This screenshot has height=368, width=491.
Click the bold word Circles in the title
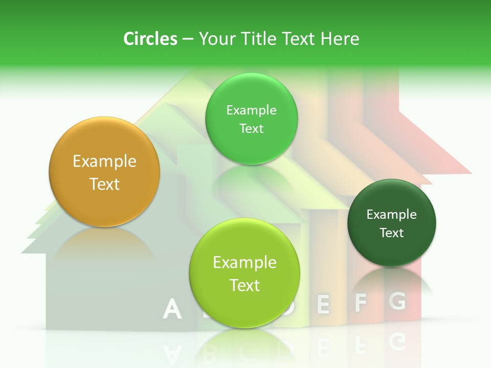point(150,39)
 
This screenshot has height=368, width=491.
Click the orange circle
point(104,172)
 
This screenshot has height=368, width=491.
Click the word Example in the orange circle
point(104,162)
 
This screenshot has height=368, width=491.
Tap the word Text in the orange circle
point(104,184)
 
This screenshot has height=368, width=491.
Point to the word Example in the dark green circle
point(392,215)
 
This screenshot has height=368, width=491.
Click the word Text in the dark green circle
point(392,233)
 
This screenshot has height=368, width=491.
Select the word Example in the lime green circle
point(244,263)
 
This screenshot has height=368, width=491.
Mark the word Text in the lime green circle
point(244,285)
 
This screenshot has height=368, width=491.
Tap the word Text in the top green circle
point(251,129)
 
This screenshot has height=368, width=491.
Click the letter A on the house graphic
point(172,309)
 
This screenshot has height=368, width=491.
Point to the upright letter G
point(397,301)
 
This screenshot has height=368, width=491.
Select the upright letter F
point(361,303)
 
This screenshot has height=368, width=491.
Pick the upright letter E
point(323,304)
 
